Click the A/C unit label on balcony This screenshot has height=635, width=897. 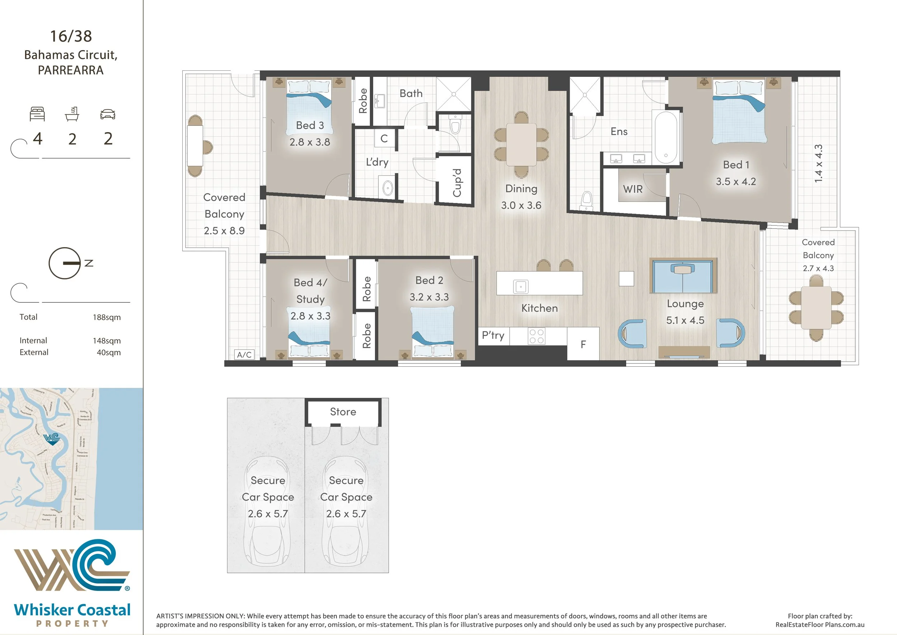pos(244,354)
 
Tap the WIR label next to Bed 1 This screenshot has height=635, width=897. pos(633,189)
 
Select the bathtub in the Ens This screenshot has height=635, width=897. pos(666,138)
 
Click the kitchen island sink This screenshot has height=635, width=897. pos(520,287)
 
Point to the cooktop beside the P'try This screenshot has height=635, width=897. pos(536,336)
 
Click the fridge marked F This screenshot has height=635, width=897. pos(583,344)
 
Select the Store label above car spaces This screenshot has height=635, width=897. pos(343,412)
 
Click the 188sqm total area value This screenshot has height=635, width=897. pos(107,317)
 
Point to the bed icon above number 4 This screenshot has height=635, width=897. pos(38,114)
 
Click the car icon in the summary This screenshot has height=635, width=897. pos(108,114)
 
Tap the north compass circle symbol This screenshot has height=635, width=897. pos(65,263)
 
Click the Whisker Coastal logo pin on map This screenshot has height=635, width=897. pos(52,439)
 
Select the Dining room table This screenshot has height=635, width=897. pos(521,144)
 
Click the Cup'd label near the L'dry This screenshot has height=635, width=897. pos(457,182)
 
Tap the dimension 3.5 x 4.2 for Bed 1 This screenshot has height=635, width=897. pos(736,181)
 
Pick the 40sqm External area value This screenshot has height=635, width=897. pos(109,352)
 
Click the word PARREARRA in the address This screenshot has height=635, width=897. pos(71,70)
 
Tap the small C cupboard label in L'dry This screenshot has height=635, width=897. pos(384,138)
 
